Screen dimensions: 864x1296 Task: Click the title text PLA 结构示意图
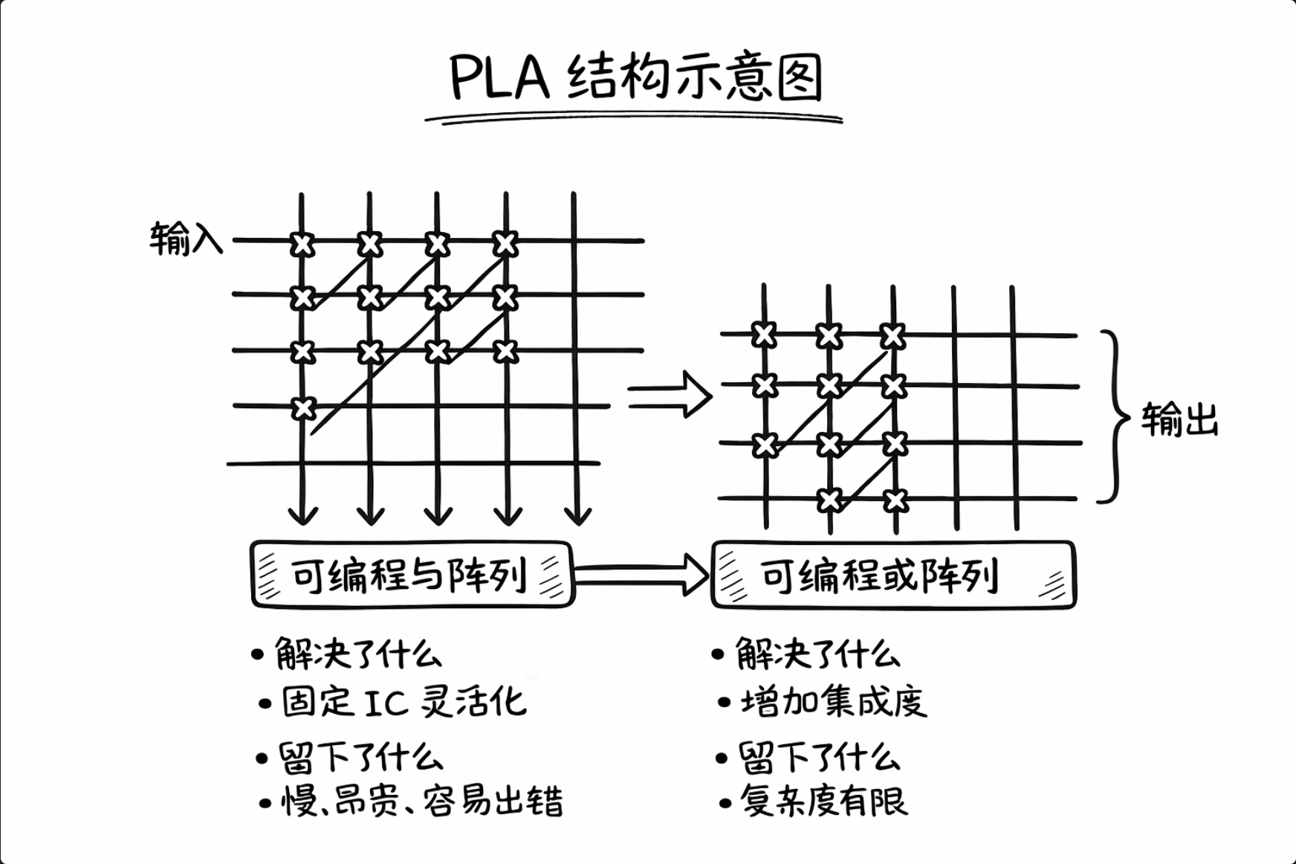click(636, 77)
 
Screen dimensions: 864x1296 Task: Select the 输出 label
click(1179, 420)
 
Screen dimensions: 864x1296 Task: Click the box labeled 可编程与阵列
click(412, 575)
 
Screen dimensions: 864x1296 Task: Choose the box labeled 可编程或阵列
click(893, 575)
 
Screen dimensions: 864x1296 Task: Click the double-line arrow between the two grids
click(669, 395)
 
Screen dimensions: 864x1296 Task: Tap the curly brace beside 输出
click(1114, 416)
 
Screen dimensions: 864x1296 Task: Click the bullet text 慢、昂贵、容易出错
click(421, 802)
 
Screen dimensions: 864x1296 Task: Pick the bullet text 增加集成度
click(833, 702)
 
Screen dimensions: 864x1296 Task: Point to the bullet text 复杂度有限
click(823, 802)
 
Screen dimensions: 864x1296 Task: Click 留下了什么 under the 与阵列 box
click(360, 758)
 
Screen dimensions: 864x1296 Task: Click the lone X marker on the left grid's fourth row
click(303, 408)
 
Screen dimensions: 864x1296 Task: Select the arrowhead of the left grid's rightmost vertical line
click(577, 515)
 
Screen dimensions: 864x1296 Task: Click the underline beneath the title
click(634, 117)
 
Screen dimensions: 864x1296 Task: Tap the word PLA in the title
click(499, 77)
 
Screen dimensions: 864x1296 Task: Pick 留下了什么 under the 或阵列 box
click(819, 758)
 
